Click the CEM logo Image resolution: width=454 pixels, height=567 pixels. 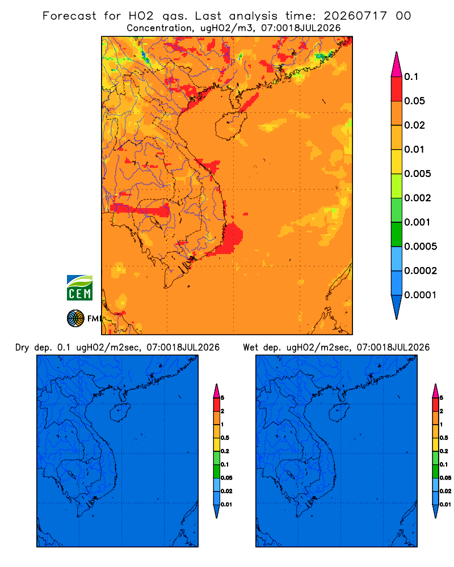[79, 288]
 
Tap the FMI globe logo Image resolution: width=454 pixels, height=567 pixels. [75, 318]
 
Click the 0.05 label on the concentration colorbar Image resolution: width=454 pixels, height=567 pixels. [414, 101]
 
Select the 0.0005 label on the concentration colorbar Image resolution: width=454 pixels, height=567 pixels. [421, 247]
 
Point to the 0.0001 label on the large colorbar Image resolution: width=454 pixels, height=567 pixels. [420, 295]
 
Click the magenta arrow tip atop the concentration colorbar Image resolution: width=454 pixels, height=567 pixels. [397, 65]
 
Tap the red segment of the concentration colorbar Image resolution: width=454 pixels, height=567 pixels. [397, 89]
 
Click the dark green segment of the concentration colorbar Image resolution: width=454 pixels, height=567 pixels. [397, 234]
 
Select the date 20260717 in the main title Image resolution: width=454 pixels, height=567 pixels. [355, 16]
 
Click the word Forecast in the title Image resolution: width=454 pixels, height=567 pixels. [69, 16]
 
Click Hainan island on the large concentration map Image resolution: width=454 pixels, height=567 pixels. [231, 125]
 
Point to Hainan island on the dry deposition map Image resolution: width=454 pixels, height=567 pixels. [120, 412]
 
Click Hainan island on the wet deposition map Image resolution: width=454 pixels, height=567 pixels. [339, 412]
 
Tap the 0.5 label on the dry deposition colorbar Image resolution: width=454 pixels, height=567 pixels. [225, 438]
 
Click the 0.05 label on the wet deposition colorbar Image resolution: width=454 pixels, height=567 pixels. [445, 477]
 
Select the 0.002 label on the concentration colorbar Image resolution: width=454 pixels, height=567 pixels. [418, 198]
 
